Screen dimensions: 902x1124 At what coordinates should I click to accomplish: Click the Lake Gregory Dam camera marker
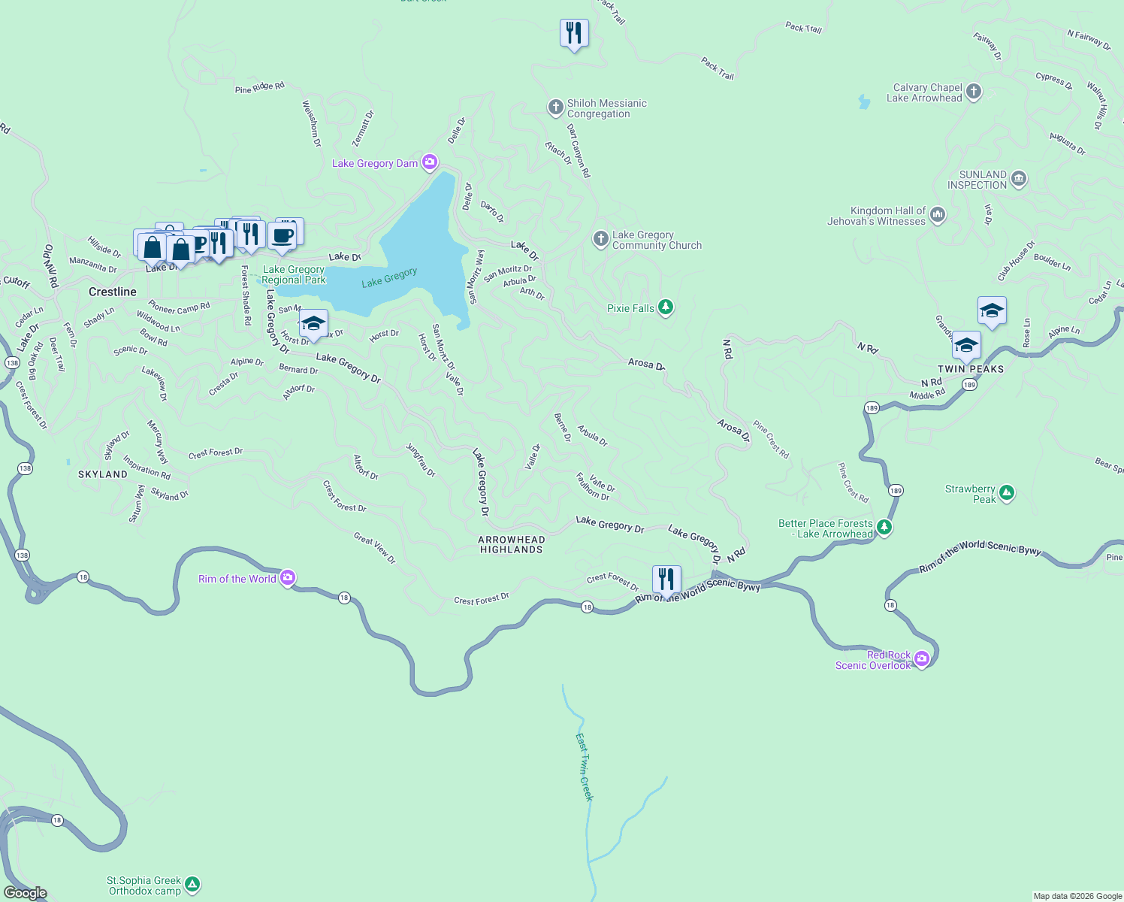[430, 162]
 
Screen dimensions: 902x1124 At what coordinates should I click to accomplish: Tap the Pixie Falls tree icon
[665, 307]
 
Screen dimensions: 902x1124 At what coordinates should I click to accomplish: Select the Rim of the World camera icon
[287, 578]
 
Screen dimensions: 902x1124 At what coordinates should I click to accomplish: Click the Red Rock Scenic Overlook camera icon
[922, 659]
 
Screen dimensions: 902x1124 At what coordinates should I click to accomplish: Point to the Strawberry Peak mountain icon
[1007, 493]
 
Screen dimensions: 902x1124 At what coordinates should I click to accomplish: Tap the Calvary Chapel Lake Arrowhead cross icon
[974, 92]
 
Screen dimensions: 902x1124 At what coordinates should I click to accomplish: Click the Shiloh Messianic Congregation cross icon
[555, 107]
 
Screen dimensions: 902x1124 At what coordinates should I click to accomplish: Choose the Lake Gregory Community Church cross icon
[600, 239]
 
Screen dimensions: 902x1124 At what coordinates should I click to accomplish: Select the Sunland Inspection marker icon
[1019, 179]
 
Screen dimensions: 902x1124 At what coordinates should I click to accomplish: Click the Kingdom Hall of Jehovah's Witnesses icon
[938, 215]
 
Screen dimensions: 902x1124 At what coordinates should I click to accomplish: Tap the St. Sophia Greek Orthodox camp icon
[192, 885]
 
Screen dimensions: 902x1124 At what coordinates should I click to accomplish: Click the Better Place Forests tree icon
[884, 527]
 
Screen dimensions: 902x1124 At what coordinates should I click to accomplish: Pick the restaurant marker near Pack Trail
[574, 33]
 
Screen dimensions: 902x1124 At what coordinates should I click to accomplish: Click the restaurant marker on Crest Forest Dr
[666, 580]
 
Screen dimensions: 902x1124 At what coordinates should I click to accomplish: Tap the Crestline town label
[113, 292]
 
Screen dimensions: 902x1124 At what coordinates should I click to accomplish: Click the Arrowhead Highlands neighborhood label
[512, 544]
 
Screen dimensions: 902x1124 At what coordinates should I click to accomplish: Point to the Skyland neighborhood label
[103, 474]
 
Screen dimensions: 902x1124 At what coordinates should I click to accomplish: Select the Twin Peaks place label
[971, 369]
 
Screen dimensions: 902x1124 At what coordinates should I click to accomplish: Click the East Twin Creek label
[585, 767]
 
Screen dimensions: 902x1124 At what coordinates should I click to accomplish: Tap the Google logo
[25, 892]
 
